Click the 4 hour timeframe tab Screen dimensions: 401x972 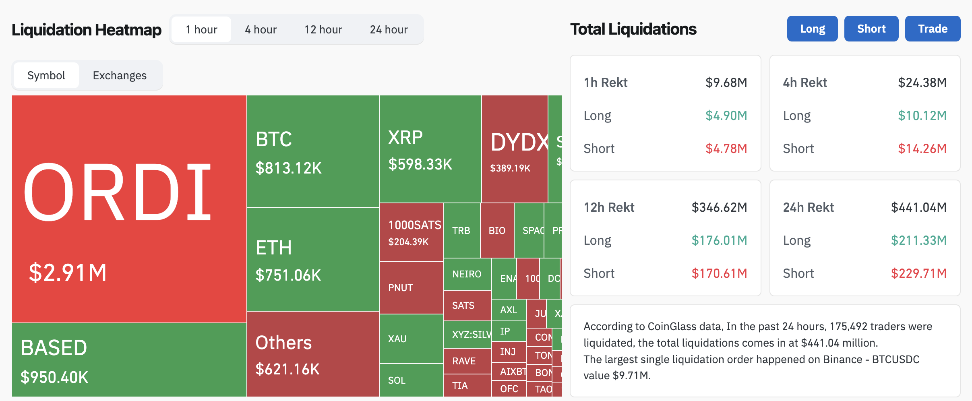coord(261,29)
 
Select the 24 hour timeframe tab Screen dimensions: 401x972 coord(389,29)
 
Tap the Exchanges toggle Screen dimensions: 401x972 coord(120,75)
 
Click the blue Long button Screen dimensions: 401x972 coord(812,29)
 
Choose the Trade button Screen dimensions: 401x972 coord(933,29)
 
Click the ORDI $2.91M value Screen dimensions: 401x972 coord(68,273)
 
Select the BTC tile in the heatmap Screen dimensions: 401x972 coord(313,151)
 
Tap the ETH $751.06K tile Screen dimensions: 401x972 coord(313,260)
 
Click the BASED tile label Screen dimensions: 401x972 coord(54,347)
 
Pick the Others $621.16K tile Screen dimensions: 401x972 coord(313,354)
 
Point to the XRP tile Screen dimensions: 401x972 coord(430,149)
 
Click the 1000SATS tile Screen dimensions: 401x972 coord(412,232)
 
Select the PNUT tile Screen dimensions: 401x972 coord(412,288)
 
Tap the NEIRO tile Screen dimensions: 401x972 coord(467,274)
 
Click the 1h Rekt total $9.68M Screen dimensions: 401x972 coord(726,83)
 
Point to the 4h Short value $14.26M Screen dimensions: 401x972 coord(922,149)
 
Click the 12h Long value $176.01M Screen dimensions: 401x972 coord(719,240)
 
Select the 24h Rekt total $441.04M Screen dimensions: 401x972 coord(918,207)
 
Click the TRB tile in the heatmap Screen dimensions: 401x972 coord(461,231)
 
